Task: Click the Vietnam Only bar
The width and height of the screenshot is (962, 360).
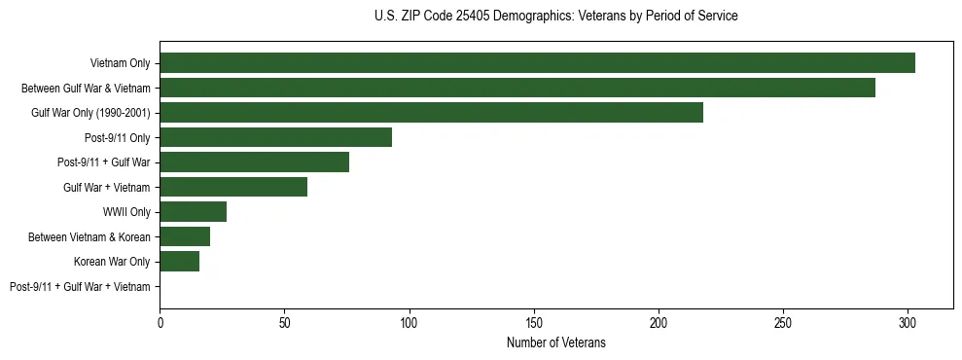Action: [537, 63]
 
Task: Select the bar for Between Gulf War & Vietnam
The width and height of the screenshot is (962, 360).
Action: [517, 88]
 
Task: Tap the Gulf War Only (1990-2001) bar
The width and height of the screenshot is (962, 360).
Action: [431, 113]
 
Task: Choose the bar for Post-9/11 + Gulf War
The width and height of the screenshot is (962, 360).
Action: [254, 162]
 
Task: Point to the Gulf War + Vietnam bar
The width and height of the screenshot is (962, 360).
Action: [233, 187]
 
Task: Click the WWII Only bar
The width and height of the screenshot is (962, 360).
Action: [193, 212]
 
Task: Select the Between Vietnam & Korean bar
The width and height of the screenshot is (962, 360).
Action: [185, 236]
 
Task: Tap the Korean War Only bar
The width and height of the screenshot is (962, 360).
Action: [179, 262]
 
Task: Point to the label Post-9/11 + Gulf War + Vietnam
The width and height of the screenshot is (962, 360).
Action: [80, 287]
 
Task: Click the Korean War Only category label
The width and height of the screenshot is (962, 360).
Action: [112, 262]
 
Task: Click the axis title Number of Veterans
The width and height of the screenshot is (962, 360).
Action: [555, 342]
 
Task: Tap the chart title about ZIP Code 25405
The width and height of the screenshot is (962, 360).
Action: [555, 17]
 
